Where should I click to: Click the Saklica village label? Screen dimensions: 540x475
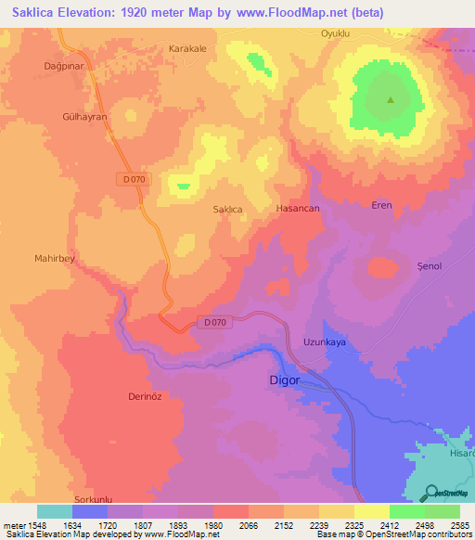coord(228,210)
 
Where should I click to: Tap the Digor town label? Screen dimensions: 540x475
coord(286,380)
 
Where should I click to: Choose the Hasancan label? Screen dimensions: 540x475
coord(298,209)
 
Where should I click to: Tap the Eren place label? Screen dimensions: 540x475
coord(381,205)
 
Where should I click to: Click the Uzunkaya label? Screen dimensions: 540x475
coord(325,342)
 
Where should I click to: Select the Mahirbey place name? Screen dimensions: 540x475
coord(54,259)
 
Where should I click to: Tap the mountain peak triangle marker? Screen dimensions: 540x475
coord(391,100)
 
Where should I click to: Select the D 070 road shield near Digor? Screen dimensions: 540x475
coord(212,322)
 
